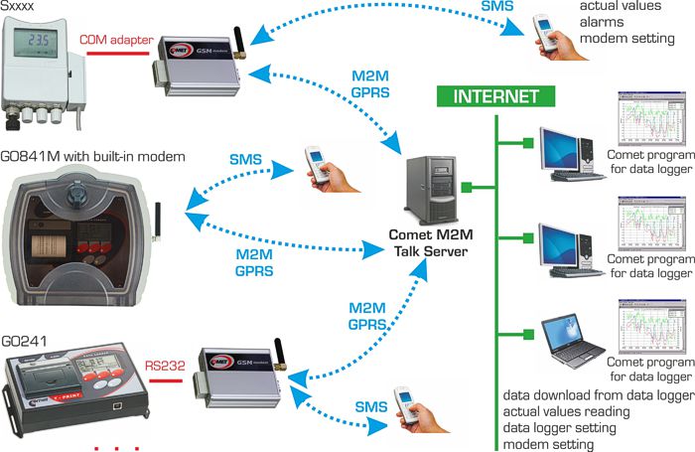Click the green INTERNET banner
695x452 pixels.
coord(495,96)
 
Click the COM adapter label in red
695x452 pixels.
coord(116,41)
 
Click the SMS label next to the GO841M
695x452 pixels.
coord(245,159)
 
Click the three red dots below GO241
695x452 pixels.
coord(117,446)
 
